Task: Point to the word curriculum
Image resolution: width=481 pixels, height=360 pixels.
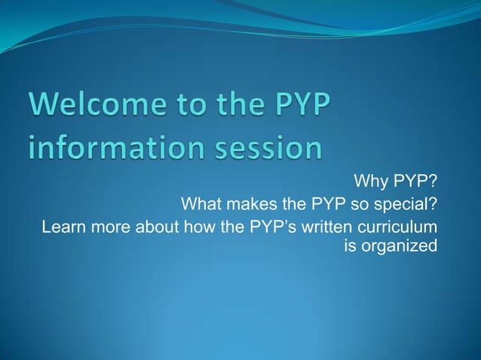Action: point(400,227)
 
